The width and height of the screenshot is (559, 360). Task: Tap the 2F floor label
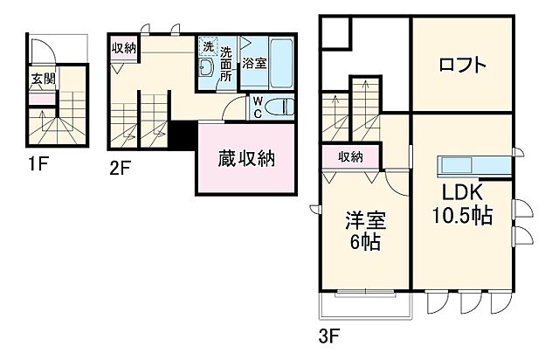coord(121,169)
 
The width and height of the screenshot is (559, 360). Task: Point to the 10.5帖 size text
coord(461,214)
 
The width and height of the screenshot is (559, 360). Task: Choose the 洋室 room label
coord(366,221)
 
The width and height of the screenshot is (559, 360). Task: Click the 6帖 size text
coord(366,243)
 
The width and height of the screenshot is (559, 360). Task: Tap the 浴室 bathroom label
coord(254,64)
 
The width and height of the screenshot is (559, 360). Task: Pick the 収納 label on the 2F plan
coord(122,48)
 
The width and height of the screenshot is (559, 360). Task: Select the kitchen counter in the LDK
coord(475,165)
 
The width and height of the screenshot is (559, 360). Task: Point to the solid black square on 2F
coord(183,135)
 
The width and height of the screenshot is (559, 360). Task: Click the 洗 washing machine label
coord(208,45)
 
